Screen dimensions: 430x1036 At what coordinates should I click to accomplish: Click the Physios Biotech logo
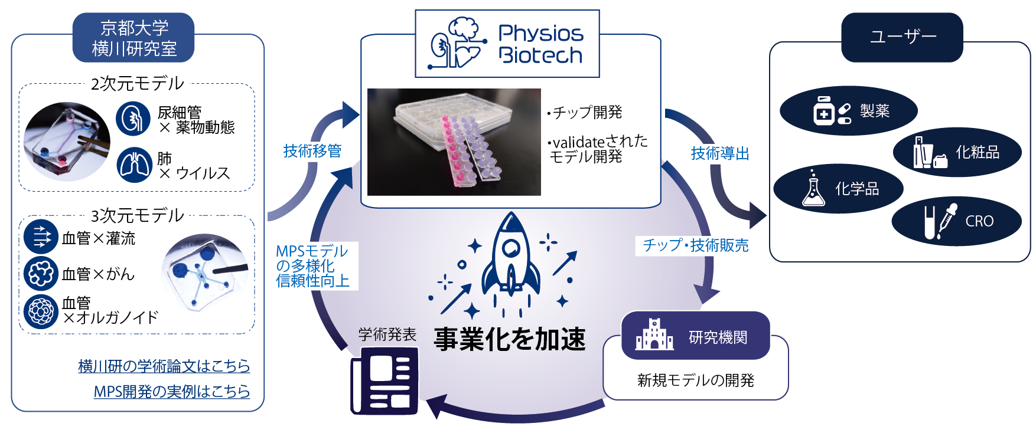[x=507, y=44]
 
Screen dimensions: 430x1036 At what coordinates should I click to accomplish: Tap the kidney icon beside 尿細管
[x=133, y=119]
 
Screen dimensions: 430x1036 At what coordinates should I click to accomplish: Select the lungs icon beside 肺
[x=134, y=165]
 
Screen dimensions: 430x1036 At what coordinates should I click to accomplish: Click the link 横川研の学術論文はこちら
[x=164, y=366]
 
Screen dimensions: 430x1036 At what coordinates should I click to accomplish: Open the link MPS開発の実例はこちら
[x=171, y=392]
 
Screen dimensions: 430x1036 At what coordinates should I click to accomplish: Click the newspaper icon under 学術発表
[x=385, y=380]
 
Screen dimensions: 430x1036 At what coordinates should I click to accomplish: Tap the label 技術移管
[x=312, y=151]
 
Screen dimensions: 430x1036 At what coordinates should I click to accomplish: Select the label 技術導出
[x=720, y=154]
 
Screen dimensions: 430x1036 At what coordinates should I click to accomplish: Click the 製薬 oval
[x=848, y=111]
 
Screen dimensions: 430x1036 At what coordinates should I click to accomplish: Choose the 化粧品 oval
[x=957, y=152]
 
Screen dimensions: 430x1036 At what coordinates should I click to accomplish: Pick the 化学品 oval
[x=838, y=189]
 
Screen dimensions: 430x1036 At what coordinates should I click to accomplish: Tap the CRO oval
[x=956, y=221]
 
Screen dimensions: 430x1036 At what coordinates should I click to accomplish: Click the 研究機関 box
[x=695, y=336]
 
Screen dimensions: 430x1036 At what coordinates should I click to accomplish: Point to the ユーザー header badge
[x=902, y=37]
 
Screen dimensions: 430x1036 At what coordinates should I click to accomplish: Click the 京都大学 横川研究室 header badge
[x=133, y=38]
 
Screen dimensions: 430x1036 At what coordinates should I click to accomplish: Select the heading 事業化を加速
[x=509, y=339]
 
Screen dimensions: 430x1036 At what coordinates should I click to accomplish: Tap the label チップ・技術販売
[x=695, y=245]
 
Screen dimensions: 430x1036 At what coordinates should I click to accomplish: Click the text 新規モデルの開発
[x=695, y=380]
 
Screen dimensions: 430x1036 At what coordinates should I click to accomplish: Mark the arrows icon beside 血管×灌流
[x=41, y=237]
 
